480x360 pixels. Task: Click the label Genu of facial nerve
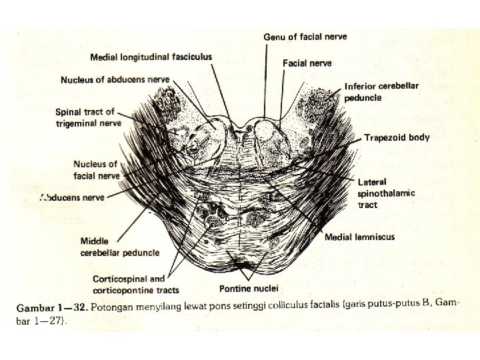pyautogui.click(x=305, y=37)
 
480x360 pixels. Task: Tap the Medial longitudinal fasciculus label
pyautogui.click(x=151, y=57)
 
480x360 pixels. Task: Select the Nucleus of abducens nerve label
pyautogui.click(x=115, y=80)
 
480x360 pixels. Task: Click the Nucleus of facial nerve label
pyautogui.click(x=96, y=170)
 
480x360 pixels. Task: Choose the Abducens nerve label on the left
pyautogui.click(x=73, y=197)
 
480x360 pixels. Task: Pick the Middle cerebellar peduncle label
pyautogui.click(x=120, y=247)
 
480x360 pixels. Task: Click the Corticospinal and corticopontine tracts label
pyautogui.click(x=137, y=285)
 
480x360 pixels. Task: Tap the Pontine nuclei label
pyautogui.click(x=248, y=289)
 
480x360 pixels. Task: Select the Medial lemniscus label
pyautogui.click(x=359, y=237)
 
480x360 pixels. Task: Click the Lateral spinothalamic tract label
pyautogui.click(x=386, y=193)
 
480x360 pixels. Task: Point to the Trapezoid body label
pyautogui.click(x=397, y=138)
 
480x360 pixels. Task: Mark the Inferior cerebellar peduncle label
pyautogui.click(x=381, y=92)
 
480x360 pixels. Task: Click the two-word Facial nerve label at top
pyautogui.click(x=307, y=63)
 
